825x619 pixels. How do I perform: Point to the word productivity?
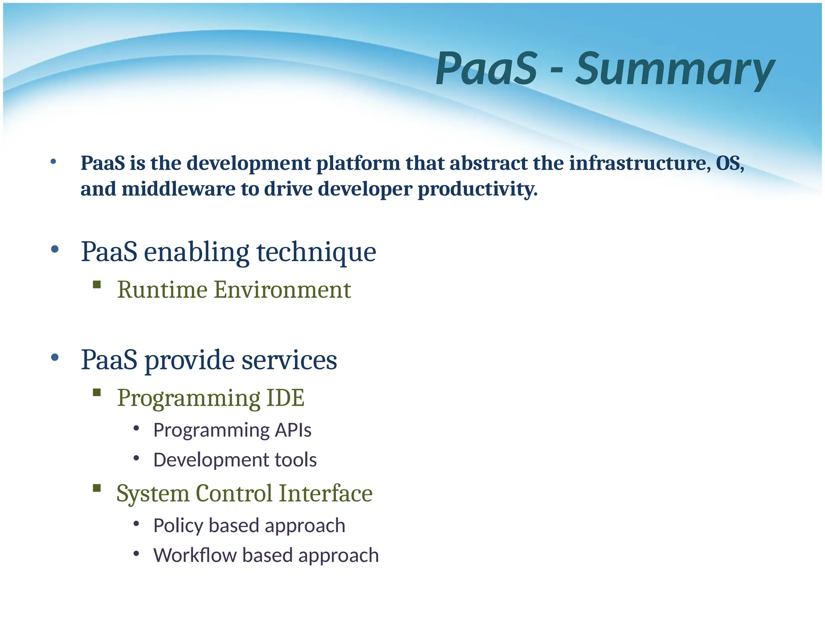click(477, 189)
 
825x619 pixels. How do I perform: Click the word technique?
click(316, 252)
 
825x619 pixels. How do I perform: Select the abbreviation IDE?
click(285, 398)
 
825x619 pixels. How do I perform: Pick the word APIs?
click(293, 430)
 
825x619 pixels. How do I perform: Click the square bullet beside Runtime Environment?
click(97, 285)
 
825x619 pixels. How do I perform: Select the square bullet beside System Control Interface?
click(97, 488)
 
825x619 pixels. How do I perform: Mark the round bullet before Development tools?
click(136, 458)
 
